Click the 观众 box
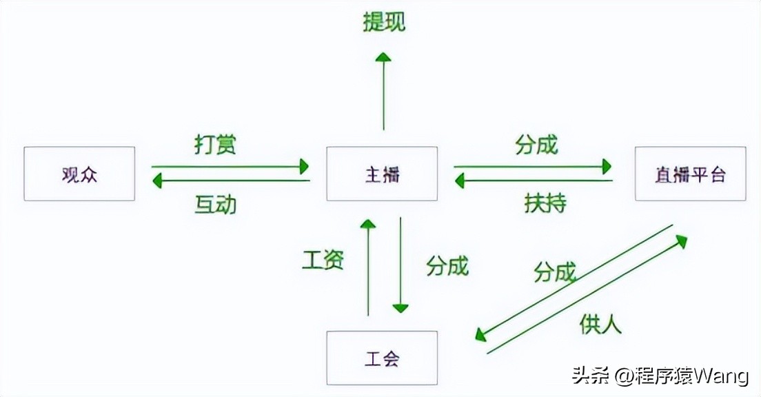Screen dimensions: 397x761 point(79,174)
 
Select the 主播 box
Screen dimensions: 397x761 point(382,174)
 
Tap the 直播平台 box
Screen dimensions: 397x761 point(690,174)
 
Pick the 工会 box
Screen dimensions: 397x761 point(382,358)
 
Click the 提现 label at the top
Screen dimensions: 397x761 point(384,22)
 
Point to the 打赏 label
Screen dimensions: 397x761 point(216,145)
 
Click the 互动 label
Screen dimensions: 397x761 point(215,204)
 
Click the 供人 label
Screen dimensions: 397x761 point(600,323)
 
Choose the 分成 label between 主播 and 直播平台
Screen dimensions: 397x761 point(536,145)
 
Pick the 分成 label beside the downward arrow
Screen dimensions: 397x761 point(447,265)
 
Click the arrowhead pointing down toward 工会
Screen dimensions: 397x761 point(400,306)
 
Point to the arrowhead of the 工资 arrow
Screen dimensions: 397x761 point(368,226)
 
